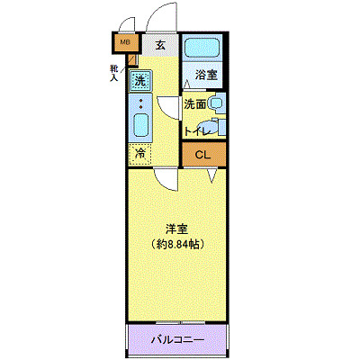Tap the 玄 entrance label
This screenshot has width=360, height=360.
(160, 43)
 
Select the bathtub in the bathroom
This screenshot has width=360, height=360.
(203, 50)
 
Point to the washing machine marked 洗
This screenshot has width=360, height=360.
(139, 81)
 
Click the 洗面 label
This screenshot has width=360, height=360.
(194, 104)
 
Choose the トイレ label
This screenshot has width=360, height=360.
(197, 131)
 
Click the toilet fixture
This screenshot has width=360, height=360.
(218, 127)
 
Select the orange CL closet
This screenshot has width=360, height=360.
(203, 155)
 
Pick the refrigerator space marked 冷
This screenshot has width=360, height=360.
(139, 154)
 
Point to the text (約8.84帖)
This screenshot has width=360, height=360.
(175, 243)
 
